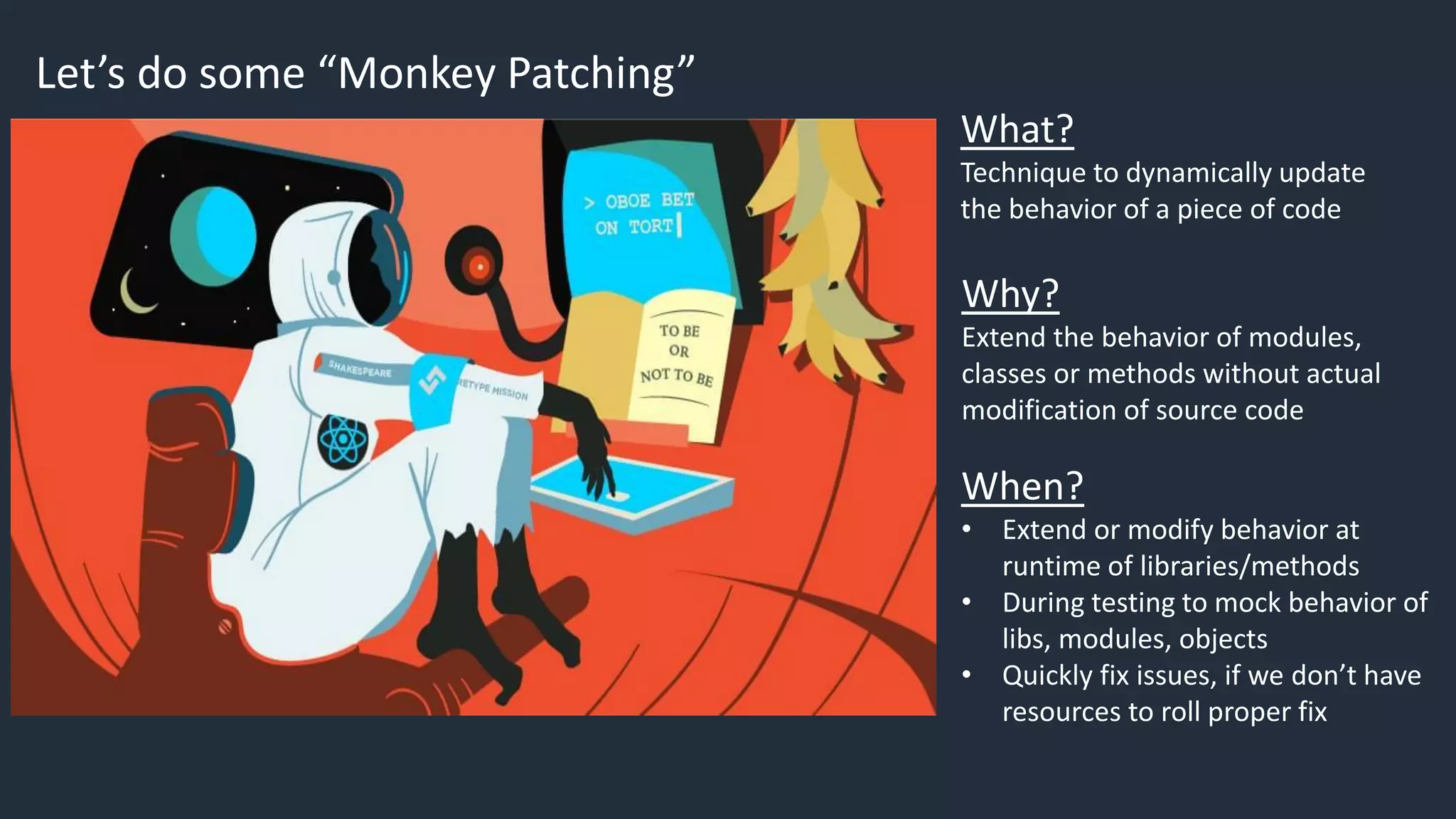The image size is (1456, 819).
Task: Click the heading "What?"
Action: pos(1017,129)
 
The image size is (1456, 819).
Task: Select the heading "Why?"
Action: pos(1010,294)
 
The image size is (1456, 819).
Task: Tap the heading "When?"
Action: pos(1022,486)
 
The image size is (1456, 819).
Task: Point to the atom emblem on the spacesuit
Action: pos(343,441)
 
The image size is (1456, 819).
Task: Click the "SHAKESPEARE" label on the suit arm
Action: pos(360,368)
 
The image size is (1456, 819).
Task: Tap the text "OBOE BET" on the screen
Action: pos(649,200)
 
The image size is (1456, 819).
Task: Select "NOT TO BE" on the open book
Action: pos(676,375)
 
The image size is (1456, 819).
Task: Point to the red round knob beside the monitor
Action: pos(479,267)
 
